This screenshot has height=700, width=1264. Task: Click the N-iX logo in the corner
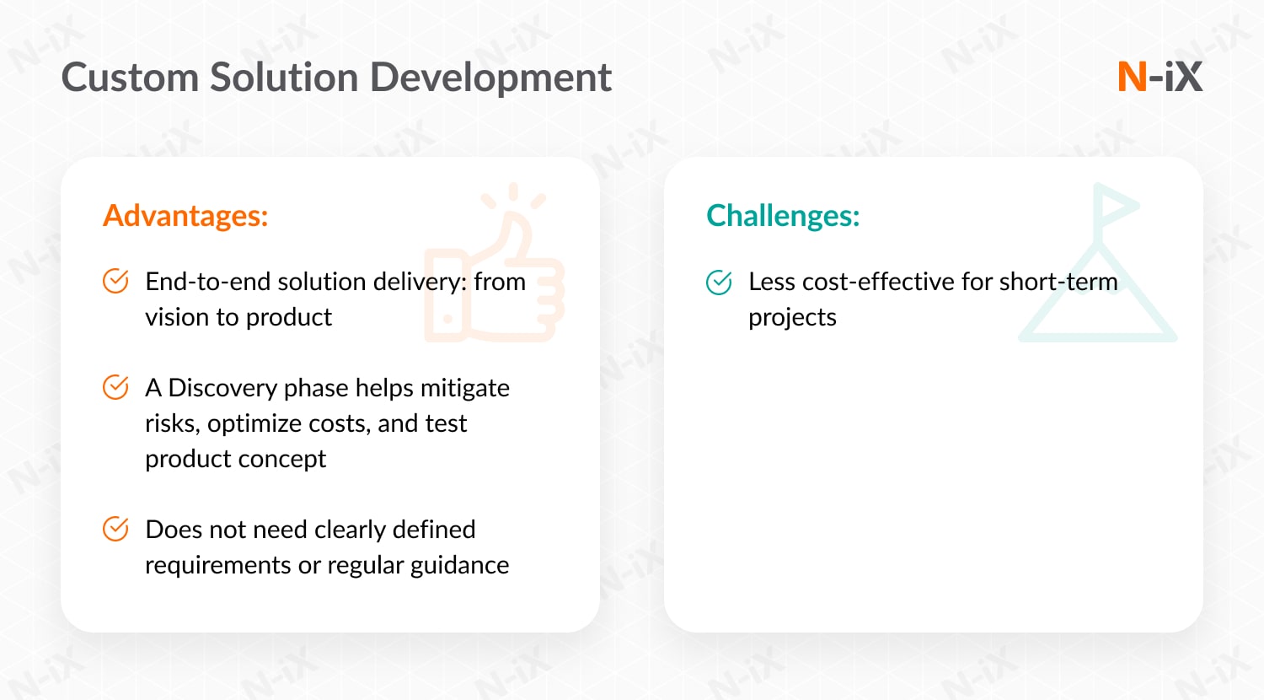[1160, 77]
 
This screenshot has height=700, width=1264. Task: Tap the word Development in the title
[490, 78]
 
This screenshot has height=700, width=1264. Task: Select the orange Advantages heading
[185, 216]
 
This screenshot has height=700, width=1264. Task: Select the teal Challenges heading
[783, 216]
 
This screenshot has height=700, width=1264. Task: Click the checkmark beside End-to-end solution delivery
[115, 281]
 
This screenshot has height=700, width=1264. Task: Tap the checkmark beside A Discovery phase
[115, 387]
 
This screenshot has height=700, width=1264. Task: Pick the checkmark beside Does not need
[115, 529]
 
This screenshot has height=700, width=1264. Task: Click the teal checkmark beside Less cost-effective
[719, 282]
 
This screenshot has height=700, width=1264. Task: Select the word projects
[792, 318]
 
